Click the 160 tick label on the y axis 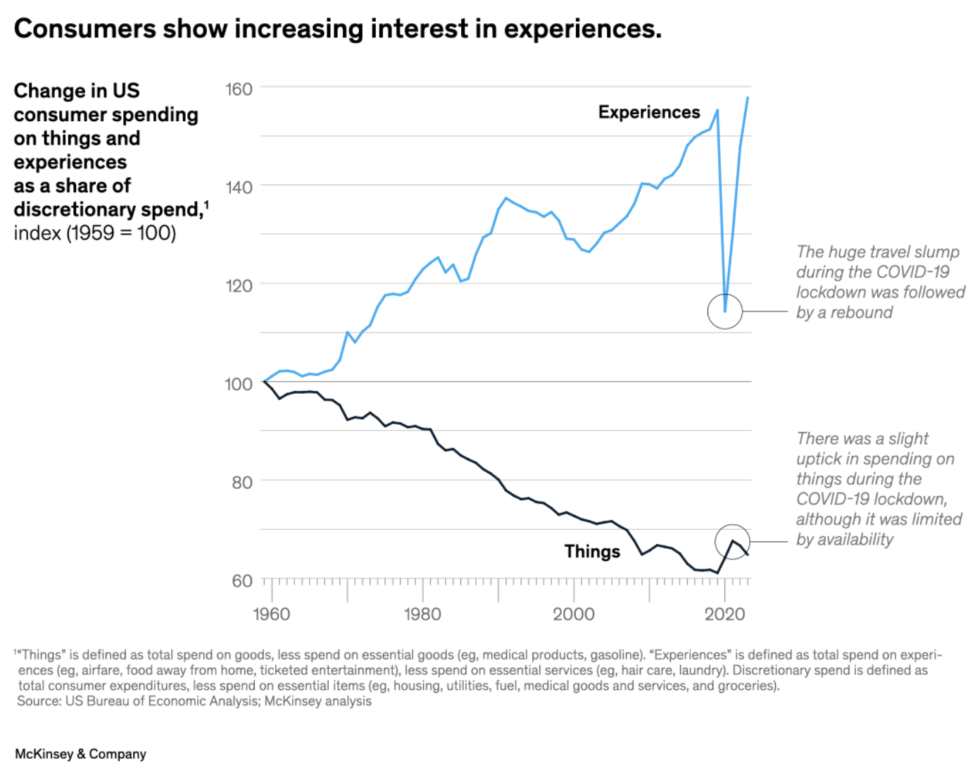coord(239,89)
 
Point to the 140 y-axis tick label coord(239,187)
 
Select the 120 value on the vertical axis coord(239,286)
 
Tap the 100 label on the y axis coord(239,384)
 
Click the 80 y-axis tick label coord(241,483)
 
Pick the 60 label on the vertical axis coord(241,581)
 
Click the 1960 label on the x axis coord(271,614)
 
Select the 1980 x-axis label coord(422,614)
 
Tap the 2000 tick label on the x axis coord(573,614)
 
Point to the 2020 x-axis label coord(724,614)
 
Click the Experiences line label coord(649,113)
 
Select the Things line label coord(592,552)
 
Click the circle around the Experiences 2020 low coord(725,311)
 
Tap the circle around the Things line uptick coord(732,542)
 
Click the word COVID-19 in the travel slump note coord(907,273)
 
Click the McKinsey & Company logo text coord(80,754)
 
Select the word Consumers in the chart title coord(84,29)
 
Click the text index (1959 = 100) coord(95,233)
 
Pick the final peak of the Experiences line coord(748,98)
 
